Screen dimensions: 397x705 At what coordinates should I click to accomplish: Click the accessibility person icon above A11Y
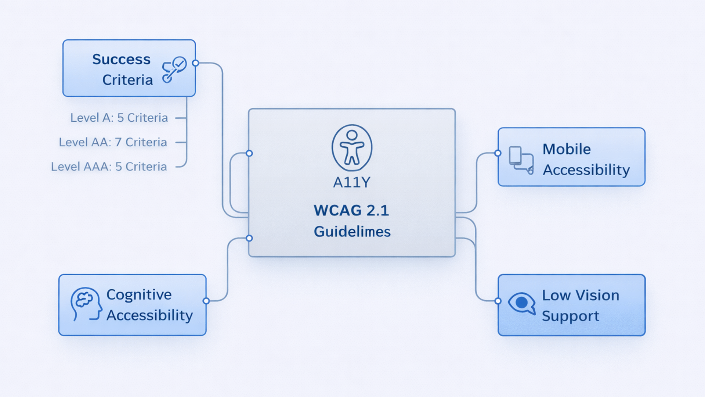pos(352,148)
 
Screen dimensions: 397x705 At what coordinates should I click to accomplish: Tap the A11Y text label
pos(352,182)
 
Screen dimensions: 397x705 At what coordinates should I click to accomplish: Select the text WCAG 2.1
pos(351,210)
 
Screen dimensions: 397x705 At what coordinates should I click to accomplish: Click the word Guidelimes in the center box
pos(352,232)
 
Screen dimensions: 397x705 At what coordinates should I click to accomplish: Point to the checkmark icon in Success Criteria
pos(175,69)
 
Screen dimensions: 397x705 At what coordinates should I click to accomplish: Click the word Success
pos(121,59)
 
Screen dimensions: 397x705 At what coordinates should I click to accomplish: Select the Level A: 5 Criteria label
pos(119,118)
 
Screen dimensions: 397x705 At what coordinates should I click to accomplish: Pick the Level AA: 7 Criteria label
pos(113,142)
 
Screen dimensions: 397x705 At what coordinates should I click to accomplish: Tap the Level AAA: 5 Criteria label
pos(109,167)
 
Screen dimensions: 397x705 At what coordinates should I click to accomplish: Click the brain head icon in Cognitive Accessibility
pos(86,304)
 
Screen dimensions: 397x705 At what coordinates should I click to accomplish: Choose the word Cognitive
pos(139,294)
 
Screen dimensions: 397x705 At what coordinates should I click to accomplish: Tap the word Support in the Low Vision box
pos(570,316)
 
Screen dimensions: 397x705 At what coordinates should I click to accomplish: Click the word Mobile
pos(567,149)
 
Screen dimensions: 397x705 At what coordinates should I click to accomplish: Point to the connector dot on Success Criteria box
pos(196,63)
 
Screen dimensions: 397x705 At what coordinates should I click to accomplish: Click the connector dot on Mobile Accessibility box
pos(498,153)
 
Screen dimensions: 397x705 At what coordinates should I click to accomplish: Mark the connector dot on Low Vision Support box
pos(498,301)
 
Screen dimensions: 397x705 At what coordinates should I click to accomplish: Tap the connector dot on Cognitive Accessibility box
pos(206,301)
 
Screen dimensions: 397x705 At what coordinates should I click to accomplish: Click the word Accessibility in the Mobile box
pos(586,170)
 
